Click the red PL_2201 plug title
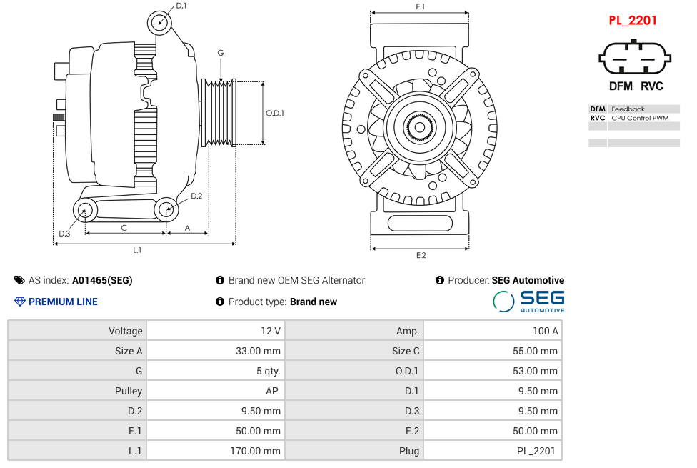pos(632,21)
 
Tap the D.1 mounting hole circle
pos(160,23)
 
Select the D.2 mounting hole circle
pos(166,210)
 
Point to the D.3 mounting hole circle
pos(85,211)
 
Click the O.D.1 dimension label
pos(275,113)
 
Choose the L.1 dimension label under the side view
pos(137,250)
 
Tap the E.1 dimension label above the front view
pos(421,6)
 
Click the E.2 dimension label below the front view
pos(421,255)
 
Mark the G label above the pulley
pos(221,53)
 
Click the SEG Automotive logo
pos(528,301)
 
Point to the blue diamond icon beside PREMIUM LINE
pos(20,302)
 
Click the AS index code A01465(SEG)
pos(102,280)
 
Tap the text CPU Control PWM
pos(640,118)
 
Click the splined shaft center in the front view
pos(420,128)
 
